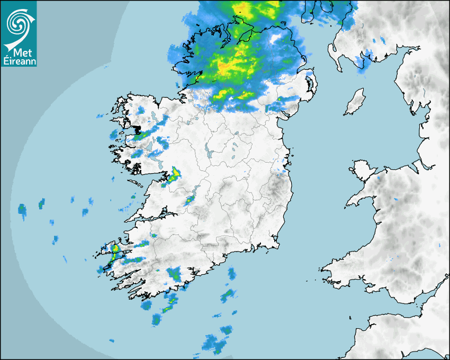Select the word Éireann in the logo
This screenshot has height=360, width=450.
pyautogui.click(x=19, y=61)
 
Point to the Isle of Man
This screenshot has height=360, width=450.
pyautogui.click(x=355, y=102)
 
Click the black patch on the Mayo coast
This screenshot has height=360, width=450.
pyautogui.click(x=137, y=129)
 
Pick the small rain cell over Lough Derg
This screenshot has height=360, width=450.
pyautogui.click(x=190, y=200)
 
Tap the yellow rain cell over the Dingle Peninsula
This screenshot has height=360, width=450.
pyautogui.click(x=115, y=248)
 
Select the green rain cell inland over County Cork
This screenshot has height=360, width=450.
pyautogui.click(x=174, y=274)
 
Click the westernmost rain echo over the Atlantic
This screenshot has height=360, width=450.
pyautogui.click(x=22, y=210)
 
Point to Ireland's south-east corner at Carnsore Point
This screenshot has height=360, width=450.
pyautogui.click(x=277, y=246)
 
